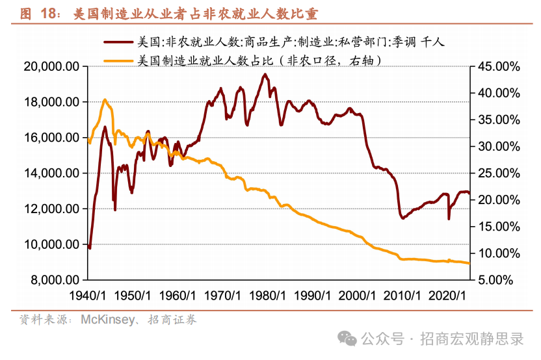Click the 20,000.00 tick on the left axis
[x=51, y=66]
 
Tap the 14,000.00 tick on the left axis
[x=51, y=174]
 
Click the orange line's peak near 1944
[x=105, y=100]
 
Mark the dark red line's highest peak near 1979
[x=265, y=75]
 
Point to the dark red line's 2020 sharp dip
[x=449, y=218]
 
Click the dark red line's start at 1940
[x=89, y=248]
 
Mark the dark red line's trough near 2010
[x=402, y=218]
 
